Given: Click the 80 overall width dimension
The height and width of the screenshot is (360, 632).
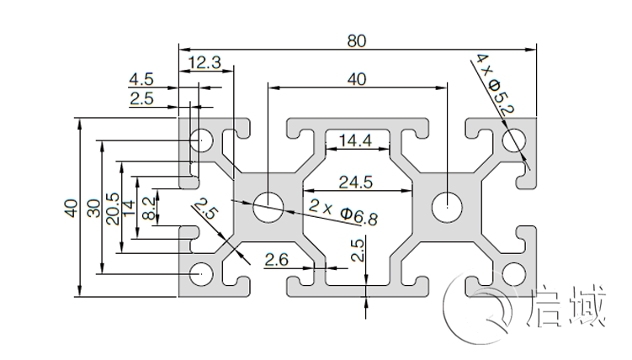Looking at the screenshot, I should [357, 40].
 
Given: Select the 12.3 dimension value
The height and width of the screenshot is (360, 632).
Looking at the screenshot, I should [205, 61].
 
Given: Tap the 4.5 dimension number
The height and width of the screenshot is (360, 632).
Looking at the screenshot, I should [141, 80].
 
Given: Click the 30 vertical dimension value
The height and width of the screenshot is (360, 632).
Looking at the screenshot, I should [93, 209].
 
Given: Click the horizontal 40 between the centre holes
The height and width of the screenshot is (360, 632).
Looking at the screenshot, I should [356, 79].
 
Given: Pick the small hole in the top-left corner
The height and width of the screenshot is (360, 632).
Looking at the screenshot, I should [201, 140].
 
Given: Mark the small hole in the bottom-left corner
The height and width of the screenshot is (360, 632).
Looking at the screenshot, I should [201, 273].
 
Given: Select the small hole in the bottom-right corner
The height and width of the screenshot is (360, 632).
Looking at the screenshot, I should [513, 272].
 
